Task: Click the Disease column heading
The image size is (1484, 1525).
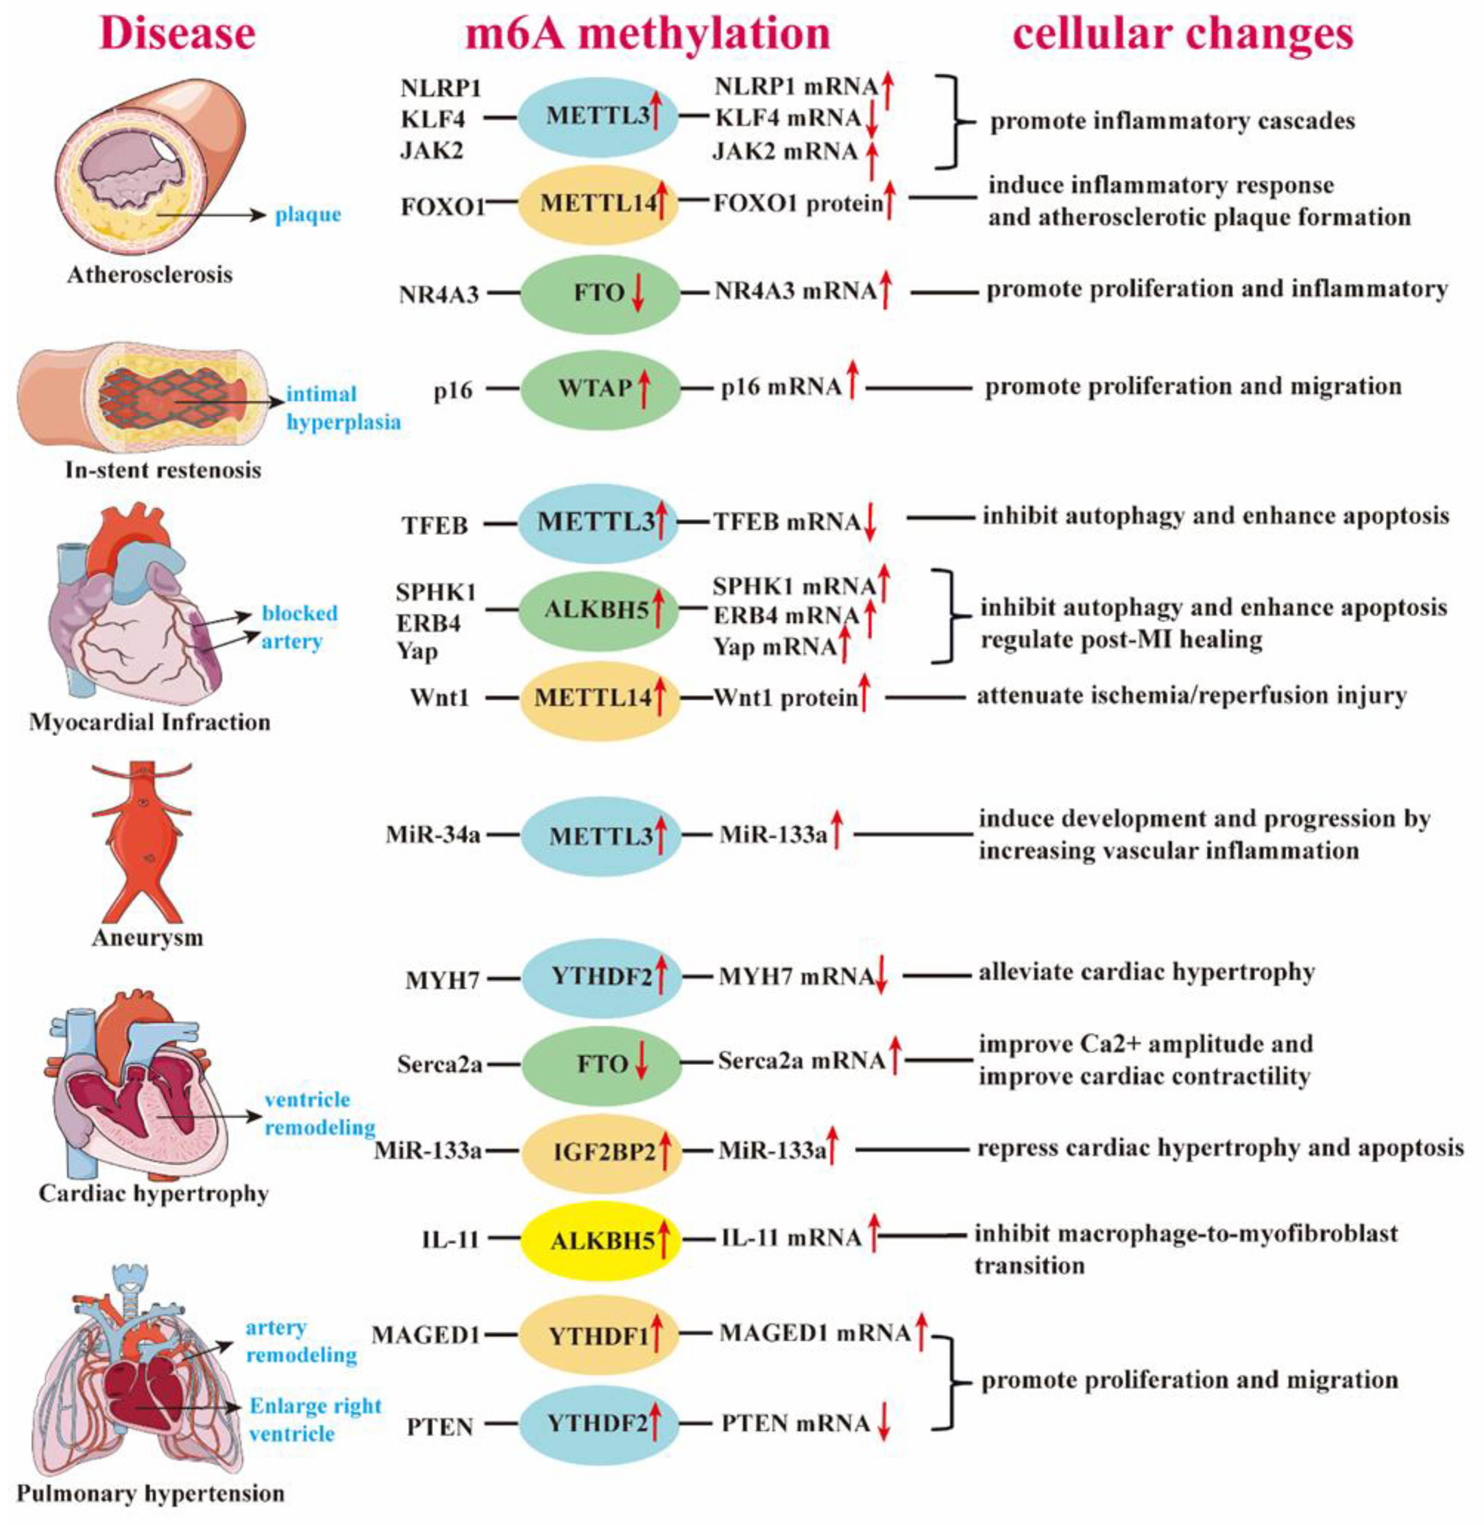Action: tap(178, 34)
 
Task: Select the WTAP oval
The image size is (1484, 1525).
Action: tap(599, 387)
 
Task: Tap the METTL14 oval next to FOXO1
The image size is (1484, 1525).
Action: tap(599, 203)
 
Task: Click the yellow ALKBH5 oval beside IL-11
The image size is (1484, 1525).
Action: tap(600, 1240)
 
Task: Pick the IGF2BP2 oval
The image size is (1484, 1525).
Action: tap(600, 1151)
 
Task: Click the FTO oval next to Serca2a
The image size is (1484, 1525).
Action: tap(600, 1064)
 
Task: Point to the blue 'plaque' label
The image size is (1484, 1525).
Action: tap(308, 214)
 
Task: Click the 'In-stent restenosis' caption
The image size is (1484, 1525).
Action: tap(163, 470)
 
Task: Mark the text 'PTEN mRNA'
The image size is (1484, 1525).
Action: tap(795, 1424)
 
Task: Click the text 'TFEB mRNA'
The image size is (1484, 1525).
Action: tap(787, 521)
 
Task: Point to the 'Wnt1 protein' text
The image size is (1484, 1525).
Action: tap(785, 697)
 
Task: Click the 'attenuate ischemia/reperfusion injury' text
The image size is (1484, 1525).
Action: tap(1192, 695)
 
